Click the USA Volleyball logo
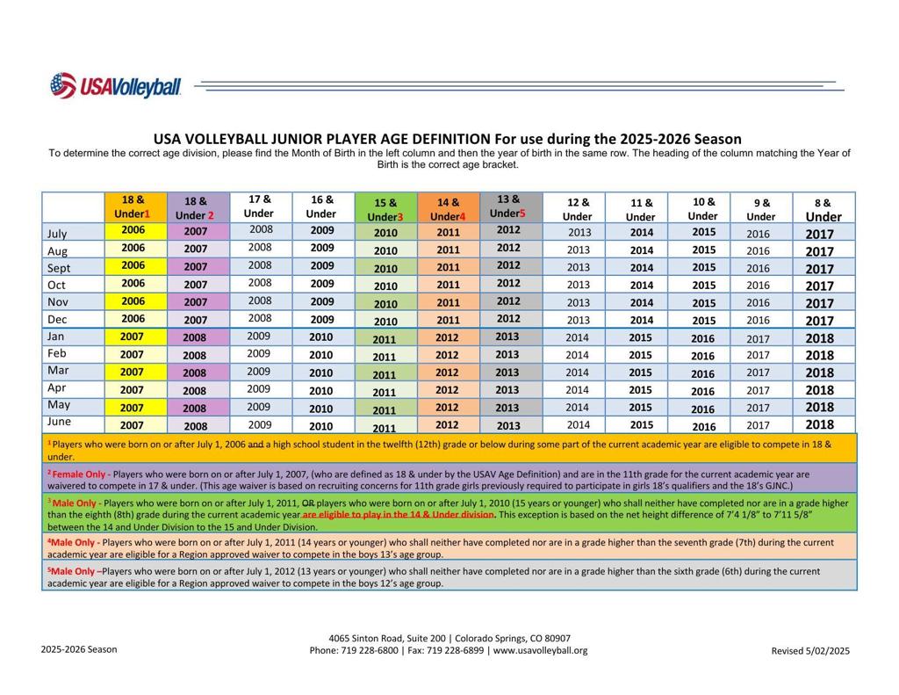[x=116, y=86]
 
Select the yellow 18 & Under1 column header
[x=133, y=206]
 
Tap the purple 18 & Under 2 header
[x=195, y=207]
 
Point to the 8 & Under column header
[x=823, y=209]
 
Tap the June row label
[x=58, y=423]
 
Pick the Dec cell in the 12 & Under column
[x=578, y=321]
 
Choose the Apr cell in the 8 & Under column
[x=819, y=390]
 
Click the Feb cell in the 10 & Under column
[x=702, y=356]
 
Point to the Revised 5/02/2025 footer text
[x=810, y=651]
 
